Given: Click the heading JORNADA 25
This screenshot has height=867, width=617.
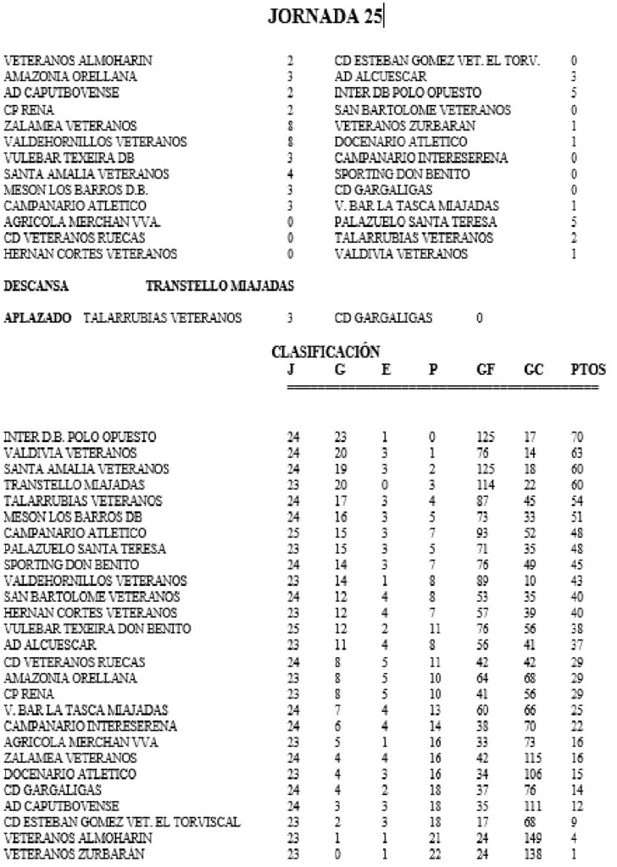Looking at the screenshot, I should pos(325,16).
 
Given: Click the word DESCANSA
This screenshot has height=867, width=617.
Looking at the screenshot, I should pos(36,287).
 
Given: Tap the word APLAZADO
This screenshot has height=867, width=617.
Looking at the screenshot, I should pos(38,318).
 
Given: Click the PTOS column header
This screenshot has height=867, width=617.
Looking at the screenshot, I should pos(588,370).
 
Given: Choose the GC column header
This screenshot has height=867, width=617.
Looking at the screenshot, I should pos(533,370).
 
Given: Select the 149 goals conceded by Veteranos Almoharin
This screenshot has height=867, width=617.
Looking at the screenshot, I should pos(534,837).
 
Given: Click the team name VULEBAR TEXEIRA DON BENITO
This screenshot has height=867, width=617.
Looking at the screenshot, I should pos(97,628).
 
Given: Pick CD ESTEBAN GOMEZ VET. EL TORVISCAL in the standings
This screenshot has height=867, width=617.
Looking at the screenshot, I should pos(122,820).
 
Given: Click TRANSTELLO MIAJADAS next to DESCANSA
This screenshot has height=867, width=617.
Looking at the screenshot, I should pos(220,287).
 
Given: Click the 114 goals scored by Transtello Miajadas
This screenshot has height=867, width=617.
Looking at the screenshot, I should pos(486,484).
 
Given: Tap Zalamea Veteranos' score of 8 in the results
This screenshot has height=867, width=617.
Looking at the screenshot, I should pos(290,125).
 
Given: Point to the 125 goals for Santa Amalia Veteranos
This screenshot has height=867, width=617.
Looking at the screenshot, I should pos(486,469).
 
